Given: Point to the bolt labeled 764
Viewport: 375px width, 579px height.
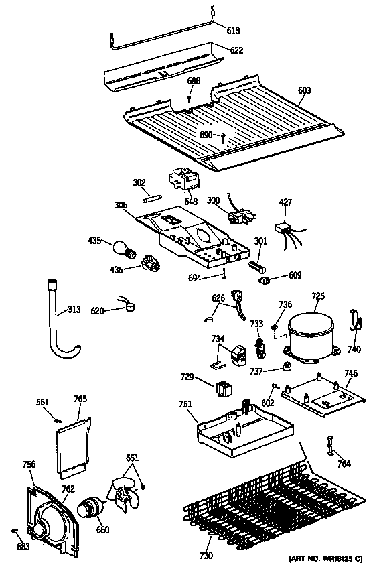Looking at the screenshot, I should [x=329, y=444].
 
